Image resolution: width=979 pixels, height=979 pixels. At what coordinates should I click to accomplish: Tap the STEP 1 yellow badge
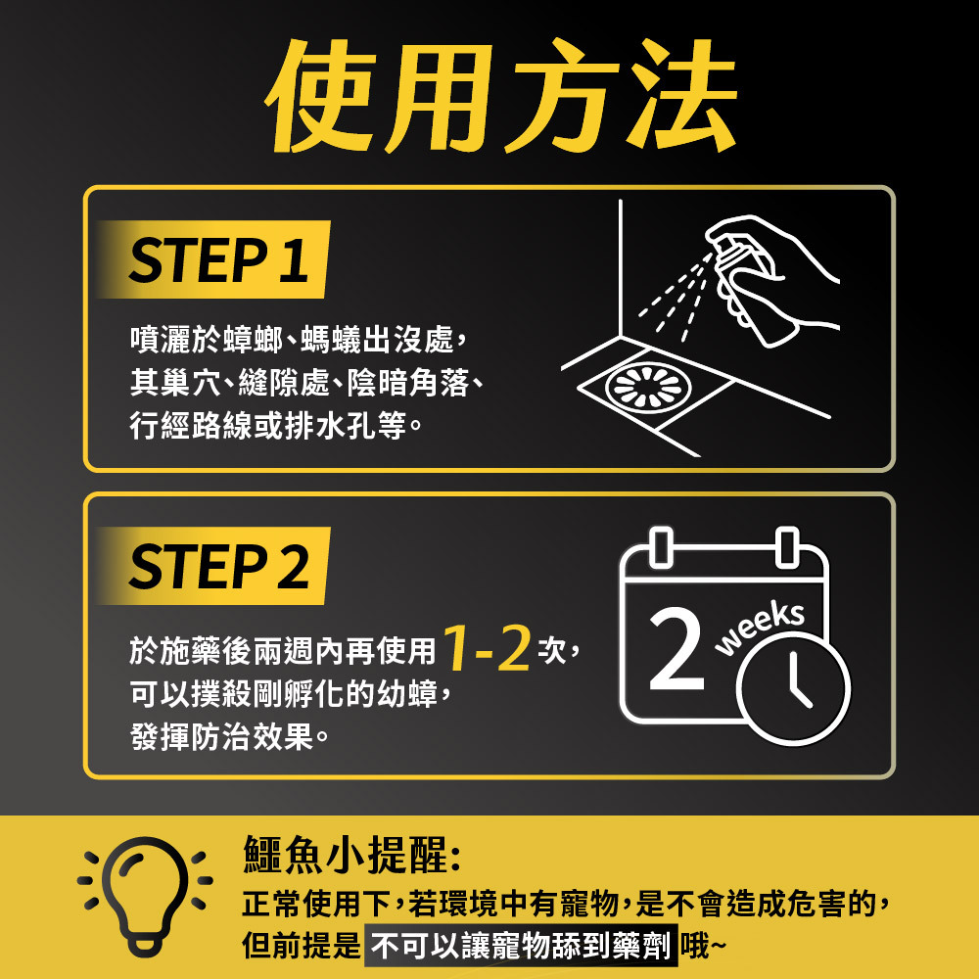coord(213,259)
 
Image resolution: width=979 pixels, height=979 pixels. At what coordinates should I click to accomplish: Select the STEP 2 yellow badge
coord(213,566)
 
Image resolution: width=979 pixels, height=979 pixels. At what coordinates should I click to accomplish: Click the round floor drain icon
coord(648,387)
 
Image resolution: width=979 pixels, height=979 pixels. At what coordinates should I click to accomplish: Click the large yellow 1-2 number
coord(487,649)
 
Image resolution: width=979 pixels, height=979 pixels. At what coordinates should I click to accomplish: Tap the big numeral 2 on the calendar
coord(676,648)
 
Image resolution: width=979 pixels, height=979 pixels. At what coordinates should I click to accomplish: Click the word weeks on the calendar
coord(760,629)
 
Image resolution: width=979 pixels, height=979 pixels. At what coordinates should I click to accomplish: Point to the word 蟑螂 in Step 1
coord(253,339)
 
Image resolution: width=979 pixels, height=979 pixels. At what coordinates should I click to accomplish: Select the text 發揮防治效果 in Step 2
coord(221,737)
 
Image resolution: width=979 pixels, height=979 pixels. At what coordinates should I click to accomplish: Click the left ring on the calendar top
coord(661,547)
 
